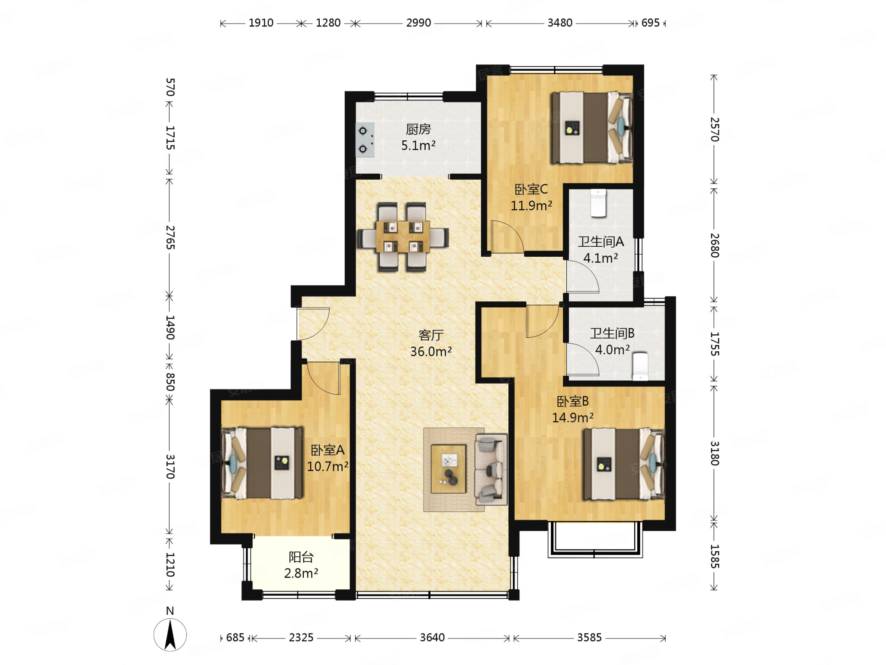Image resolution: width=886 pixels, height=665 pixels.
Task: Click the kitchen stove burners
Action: click(365, 140)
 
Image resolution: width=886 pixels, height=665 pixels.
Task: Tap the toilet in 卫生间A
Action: click(598, 203)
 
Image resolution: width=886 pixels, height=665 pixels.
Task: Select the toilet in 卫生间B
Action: click(640, 366)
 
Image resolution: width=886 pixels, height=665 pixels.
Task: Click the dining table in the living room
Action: click(403, 236)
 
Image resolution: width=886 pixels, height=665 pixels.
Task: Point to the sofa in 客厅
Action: click(491, 470)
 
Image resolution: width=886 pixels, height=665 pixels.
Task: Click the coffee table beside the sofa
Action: click(449, 469)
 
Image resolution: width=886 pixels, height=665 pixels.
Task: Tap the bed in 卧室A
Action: click(262, 463)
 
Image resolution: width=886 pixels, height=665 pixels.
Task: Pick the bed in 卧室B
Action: click(624, 464)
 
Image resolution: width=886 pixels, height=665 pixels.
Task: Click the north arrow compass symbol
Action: click(170, 634)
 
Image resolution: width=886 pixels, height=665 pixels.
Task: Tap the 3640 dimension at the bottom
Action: click(432, 637)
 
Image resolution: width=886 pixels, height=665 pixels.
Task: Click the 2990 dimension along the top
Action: click(418, 23)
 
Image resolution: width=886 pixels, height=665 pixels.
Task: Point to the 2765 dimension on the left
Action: click(170, 237)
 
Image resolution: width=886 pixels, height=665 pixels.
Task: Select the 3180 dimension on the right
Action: click(715, 453)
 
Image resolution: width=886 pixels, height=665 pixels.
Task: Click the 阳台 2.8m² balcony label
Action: click(301, 565)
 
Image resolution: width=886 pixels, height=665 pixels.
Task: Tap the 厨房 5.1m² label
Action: click(418, 137)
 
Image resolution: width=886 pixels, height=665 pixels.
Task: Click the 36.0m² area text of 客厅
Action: click(431, 352)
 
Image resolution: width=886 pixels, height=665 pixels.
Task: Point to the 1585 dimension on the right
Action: click(715, 556)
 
